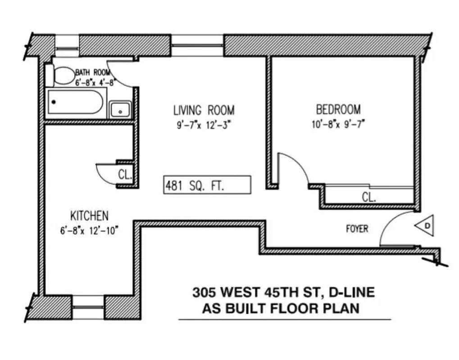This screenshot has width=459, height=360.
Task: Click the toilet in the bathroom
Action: point(63,76)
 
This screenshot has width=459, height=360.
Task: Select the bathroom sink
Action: point(120,109)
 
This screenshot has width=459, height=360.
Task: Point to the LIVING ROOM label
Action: point(204,110)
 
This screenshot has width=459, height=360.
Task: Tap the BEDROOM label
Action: point(338,109)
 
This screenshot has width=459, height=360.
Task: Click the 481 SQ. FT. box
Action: point(206,185)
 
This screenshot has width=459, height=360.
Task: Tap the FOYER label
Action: point(357,229)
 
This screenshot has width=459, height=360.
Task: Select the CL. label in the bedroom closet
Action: point(369,197)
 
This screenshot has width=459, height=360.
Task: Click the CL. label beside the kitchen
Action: point(125,175)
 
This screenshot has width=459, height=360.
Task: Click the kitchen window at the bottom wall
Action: point(88,302)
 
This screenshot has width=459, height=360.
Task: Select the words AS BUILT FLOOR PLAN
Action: point(280,309)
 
